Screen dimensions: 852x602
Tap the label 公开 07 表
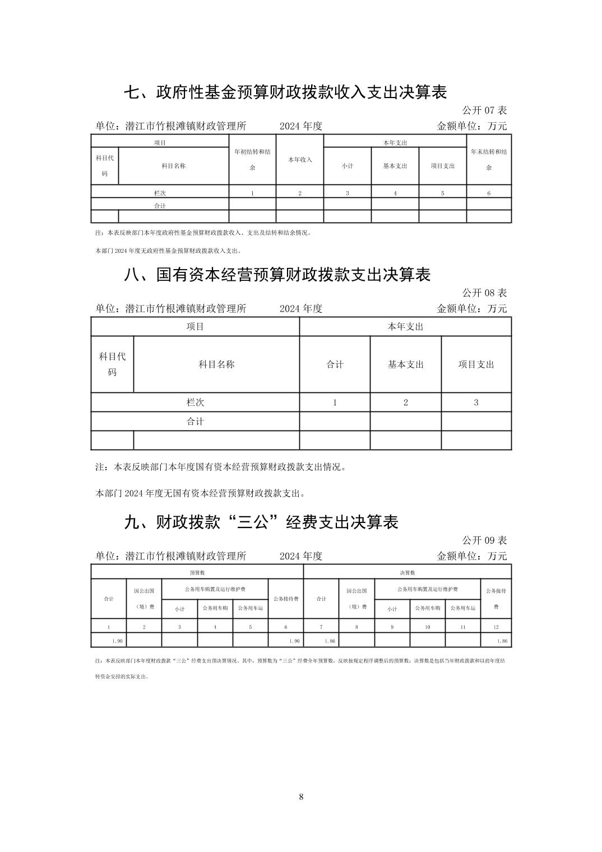point(484,110)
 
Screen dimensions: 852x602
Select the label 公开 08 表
point(484,293)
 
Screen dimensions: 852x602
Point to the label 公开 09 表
point(484,540)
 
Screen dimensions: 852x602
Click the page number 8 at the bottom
point(302,797)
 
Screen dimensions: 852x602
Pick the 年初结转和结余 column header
point(252,160)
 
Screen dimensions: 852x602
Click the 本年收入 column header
point(300,160)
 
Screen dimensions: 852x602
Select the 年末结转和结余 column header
point(489,160)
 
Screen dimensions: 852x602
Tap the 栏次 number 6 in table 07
point(489,193)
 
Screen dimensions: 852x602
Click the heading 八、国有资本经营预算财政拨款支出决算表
point(277,275)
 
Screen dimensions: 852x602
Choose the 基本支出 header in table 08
point(406,364)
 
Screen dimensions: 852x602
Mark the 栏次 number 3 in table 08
point(476,402)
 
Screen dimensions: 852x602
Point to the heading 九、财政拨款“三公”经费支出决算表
point(261,522)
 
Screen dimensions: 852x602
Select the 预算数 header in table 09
point(197,573)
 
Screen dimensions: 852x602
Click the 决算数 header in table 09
point(407,573)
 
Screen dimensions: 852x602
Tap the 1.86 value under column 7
point(330,641)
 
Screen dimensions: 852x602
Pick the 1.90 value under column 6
point(294,641)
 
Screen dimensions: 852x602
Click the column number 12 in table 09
point(496,627)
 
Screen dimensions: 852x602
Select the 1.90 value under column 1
point(117,641)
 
